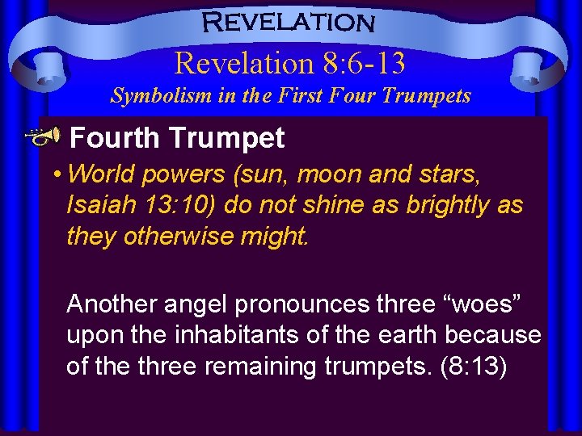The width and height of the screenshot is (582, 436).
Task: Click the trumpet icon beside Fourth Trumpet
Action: pos(48,137)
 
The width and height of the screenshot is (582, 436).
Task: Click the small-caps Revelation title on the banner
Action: pos(290,22)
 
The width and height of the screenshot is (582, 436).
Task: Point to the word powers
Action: pos(193,174)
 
